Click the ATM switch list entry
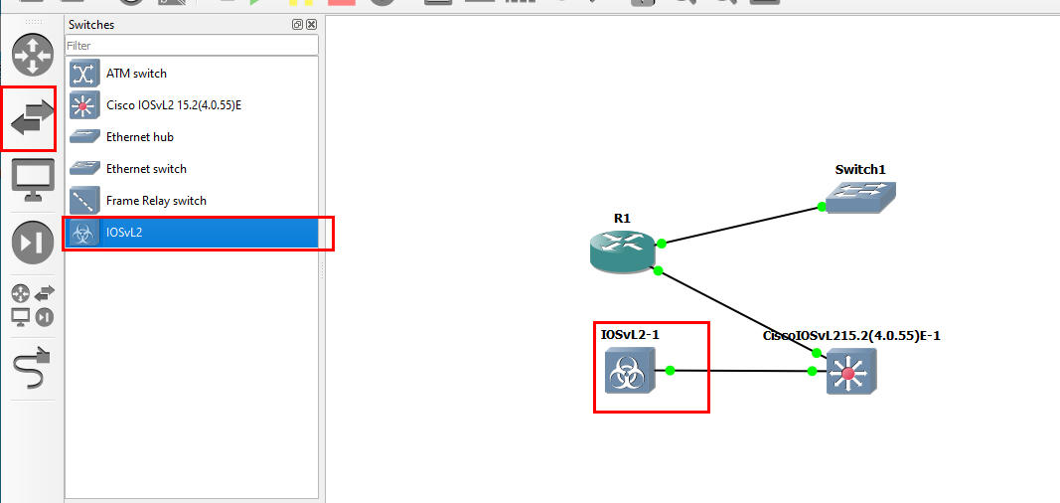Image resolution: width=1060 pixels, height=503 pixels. tap(136, 74)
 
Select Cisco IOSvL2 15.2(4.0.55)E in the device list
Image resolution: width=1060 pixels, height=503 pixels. tap(174, 105)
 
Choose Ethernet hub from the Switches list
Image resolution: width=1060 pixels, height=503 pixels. tap(139, 137)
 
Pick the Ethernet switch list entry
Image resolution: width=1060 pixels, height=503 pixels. tap(146, 169)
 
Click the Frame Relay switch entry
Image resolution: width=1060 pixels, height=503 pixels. tap(156, 201)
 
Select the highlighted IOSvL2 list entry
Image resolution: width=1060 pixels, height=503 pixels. tap(125, 233)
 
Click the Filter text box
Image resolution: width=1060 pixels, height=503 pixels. tap(191, 46)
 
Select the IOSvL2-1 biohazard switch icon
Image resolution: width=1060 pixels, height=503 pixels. tap(629, 376)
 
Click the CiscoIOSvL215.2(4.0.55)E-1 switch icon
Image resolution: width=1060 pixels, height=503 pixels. tap(850, 376)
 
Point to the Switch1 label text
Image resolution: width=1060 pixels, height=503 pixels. tap(859, 169)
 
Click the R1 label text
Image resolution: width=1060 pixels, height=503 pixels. tap(622, 218)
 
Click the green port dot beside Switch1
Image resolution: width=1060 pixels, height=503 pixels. tap(822, 207)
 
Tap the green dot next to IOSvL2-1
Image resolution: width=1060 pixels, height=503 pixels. tap(671, 371)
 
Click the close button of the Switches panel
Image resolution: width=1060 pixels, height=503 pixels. tap(312, 25)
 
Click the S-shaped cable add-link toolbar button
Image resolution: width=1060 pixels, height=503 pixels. tap(33, 370)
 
